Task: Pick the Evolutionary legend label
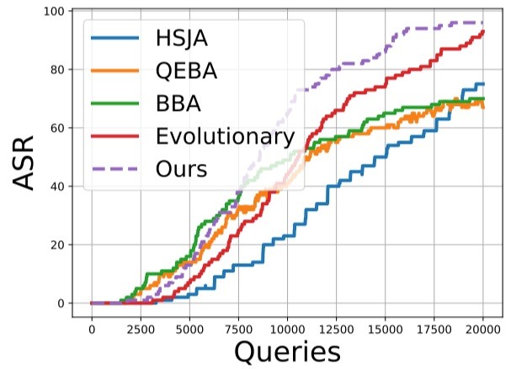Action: (x=225, y=137)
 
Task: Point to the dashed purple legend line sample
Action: (x=114, y=168)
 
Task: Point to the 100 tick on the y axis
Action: (x=57, y=11)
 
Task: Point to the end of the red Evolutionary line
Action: (x=483, y=32)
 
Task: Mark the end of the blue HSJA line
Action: (x=483, y=84)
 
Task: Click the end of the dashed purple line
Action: (x=483, y=23)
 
